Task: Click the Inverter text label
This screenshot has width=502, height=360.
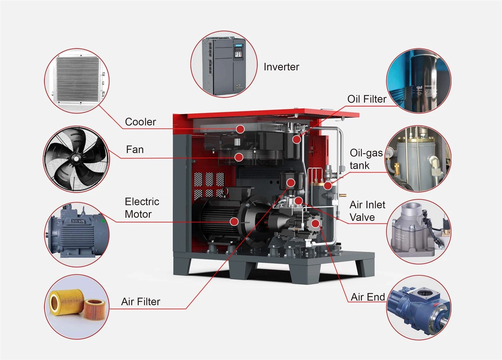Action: pyautogui.click(x=281, y=67)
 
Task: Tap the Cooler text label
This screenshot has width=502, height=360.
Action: pyautogui.click(x=140, y=122)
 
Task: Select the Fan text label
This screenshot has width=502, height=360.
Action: pyautogui.click(x=135, y=149)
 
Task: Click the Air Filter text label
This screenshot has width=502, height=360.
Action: pyautogui.click(x=141, y=302)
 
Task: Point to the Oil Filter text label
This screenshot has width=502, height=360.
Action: pyautogui.click(x=366, y=99)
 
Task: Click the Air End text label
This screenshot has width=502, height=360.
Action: pyautogui.click(x=368, y=297)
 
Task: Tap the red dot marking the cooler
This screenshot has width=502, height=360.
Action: pyautogui.click(x=240, y=129)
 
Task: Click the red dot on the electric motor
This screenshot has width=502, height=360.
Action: pyautogui.click(x=234, y=221)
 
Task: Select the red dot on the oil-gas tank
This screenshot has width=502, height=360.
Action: pyautogui.click(x=328, y=185)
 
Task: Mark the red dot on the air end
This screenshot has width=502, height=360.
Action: pyautogui.click(x=316, y=223)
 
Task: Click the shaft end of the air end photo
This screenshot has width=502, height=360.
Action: pyautogui.click(x=446, y=320)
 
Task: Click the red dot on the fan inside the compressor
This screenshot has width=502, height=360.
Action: pyautogui.click(x=239, y=157)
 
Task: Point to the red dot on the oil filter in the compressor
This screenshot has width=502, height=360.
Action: pyautogui.click(x=296, y=139)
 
